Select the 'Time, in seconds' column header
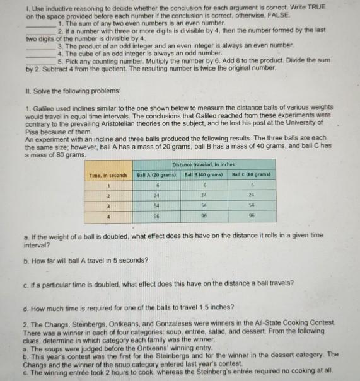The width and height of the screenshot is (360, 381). click(108, 174)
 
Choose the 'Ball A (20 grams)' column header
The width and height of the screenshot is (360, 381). click(156, 174)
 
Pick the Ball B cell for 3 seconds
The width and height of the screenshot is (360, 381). click(204, 206)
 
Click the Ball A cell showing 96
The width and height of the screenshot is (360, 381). click(156, 216)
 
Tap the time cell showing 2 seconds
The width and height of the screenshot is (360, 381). click(108, 195)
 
